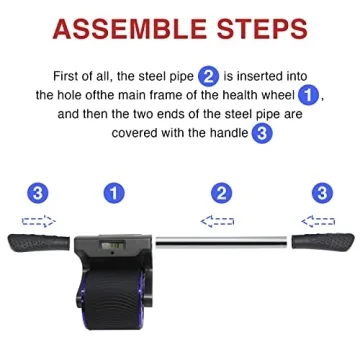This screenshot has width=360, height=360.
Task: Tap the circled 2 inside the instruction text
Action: [209, 75]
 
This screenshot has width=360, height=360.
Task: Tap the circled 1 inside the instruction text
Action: [308, 94]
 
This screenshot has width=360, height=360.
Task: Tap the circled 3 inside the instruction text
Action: [261, 132]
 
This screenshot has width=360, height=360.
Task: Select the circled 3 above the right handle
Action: [321, 192]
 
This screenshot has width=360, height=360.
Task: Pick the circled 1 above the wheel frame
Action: [114, 192]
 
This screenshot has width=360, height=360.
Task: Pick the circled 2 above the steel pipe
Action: [221, 192]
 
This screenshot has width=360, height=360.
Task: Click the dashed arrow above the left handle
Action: [38, 221]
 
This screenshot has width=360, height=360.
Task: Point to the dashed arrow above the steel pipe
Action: [218, 221]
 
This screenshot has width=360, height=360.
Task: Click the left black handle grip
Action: [40, 243]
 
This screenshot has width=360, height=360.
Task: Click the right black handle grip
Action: [322, 243]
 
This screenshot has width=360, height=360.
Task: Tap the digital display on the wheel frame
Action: [111, 243]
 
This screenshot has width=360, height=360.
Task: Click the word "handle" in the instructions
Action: [226, 132]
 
